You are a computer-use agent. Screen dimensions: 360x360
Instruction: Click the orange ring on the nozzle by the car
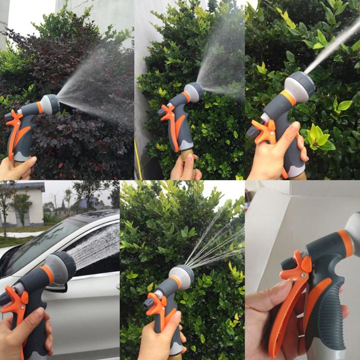coord(47,274)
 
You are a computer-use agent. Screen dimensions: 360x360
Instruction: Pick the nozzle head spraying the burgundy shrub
coord(50,104)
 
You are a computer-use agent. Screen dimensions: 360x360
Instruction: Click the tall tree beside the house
coord(6,202)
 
